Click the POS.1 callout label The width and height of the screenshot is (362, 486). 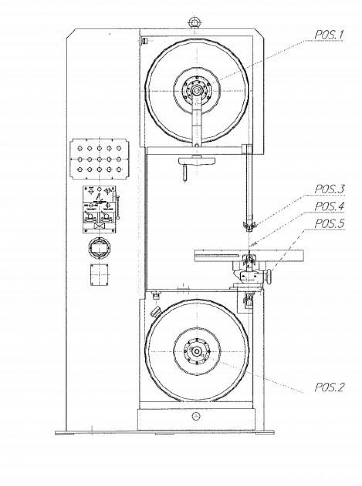[x=329, y=35]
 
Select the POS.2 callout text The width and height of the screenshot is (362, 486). [x=329, y=387]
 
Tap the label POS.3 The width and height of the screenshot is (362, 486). [x=329, y=190]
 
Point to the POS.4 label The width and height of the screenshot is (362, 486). [x=329, y=207]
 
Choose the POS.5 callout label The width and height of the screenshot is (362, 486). [x=329, y=223]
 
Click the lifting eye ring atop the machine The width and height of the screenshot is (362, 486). [x=194, y=21]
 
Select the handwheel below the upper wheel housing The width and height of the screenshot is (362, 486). [x=196, y=160]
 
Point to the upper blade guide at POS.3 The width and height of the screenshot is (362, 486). [x=247, y=225]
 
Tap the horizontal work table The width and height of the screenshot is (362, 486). [x=220, y=255]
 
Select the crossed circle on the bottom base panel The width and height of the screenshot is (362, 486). [x=197, y=415]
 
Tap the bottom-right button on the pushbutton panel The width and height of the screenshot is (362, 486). [x=119, y=169]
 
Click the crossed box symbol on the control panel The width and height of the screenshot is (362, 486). [x=99, y=225]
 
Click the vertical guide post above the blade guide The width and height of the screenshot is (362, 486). [x=247, y=183]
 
